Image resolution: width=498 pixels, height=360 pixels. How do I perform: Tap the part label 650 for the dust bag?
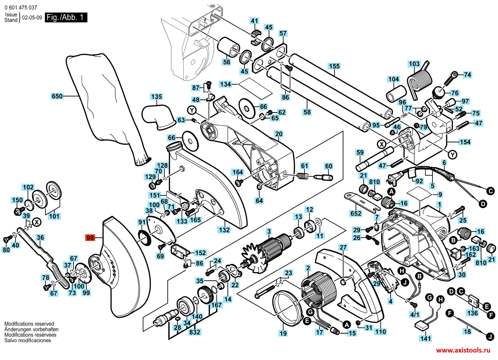click(x=57, y=97)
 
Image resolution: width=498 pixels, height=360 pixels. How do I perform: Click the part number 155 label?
click(x=334, y=66)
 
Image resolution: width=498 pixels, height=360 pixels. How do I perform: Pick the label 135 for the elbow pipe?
click(x=156, y=97)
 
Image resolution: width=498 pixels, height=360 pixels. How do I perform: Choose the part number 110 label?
click(x=380, y=332)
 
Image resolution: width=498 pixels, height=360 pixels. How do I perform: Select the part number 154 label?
click(x=465, y=142)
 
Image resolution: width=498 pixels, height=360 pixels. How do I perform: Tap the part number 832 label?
click(x=195, y=332)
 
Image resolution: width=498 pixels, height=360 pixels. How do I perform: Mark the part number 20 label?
click(x=279, y=134)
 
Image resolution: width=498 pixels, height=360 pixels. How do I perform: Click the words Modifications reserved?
click(x=29, y=324)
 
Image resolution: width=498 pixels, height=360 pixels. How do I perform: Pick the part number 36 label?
click(x=40, y=238)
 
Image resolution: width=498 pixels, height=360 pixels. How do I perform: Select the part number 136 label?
click(x=472, y=313)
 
